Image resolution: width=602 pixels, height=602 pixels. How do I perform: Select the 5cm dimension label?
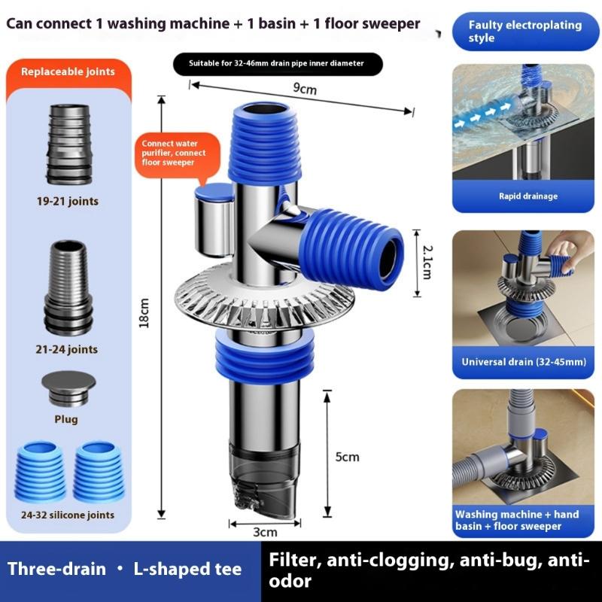[348, 457]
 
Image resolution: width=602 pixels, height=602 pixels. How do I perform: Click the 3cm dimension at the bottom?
[265, 532]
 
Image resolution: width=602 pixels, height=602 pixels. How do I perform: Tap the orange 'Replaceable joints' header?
[68, 72]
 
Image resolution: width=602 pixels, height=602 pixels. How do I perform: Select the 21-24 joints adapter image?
[69, 290]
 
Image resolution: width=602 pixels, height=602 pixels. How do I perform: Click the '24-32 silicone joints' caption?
[68, 515]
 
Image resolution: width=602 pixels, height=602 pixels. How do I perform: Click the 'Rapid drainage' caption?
[528, 196]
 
